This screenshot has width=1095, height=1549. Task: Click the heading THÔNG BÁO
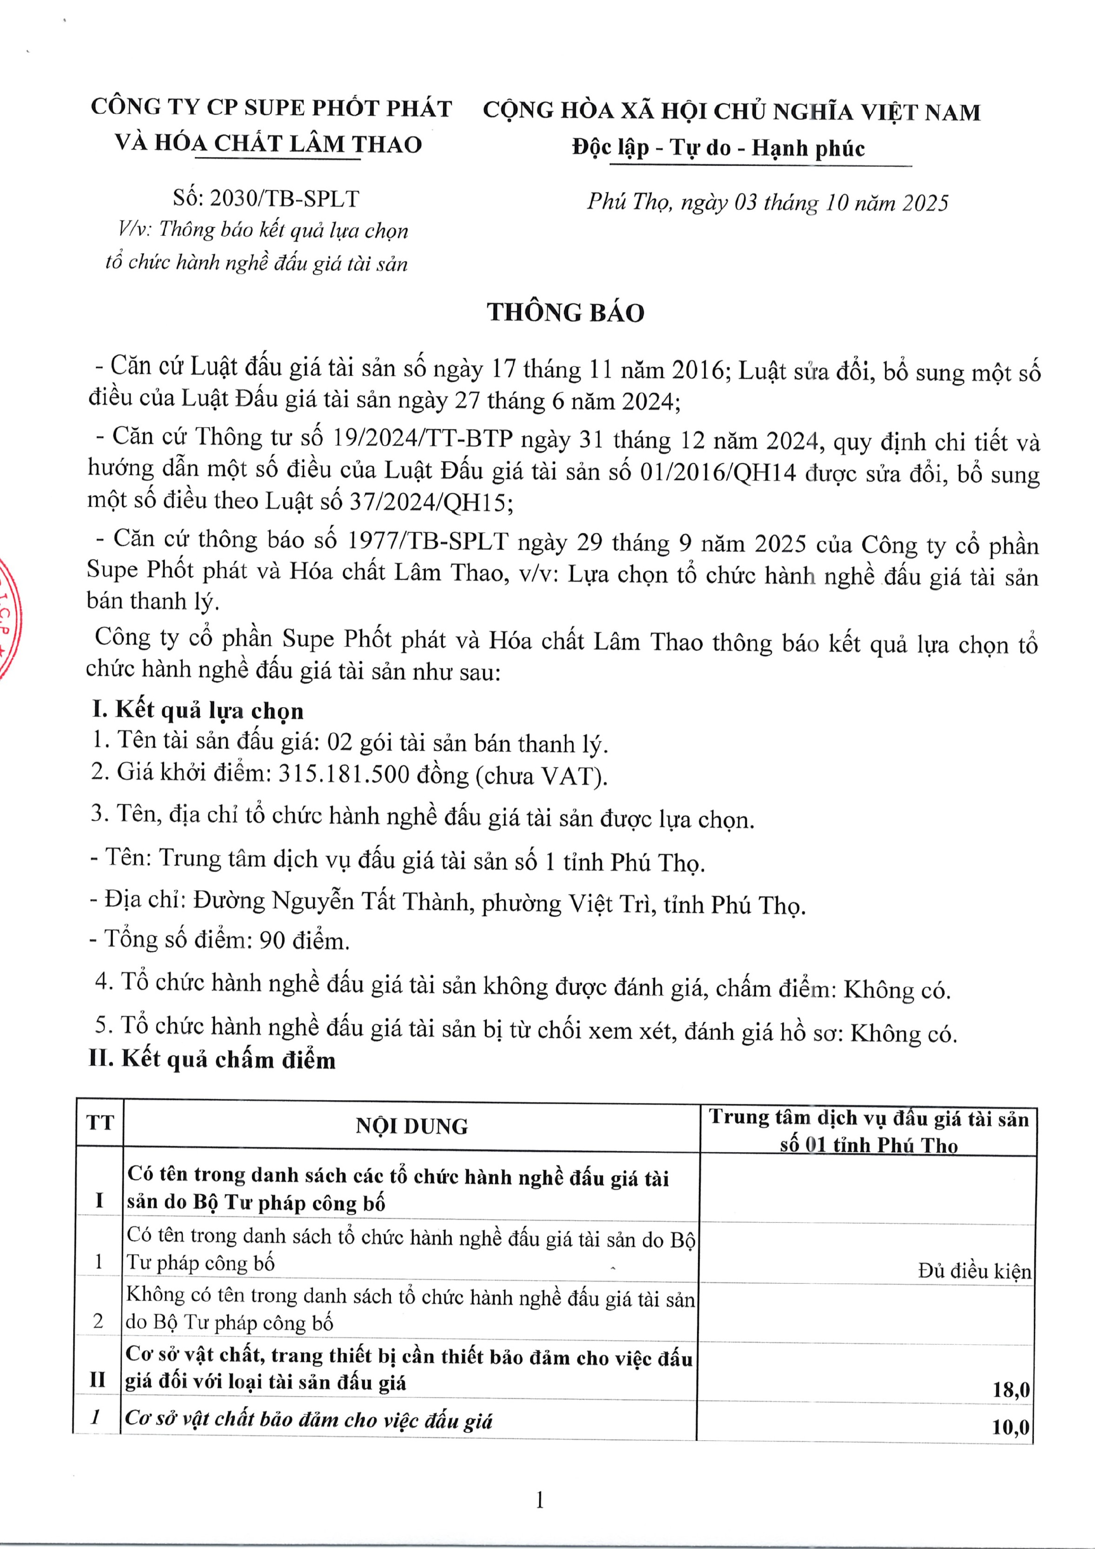(565, 313)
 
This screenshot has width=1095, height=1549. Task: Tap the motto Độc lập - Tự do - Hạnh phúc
(718, 148)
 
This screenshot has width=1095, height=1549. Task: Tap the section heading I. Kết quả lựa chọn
(198, 710)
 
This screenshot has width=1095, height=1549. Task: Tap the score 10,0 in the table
(1010, 1427)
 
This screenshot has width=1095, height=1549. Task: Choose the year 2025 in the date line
(925, 203)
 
